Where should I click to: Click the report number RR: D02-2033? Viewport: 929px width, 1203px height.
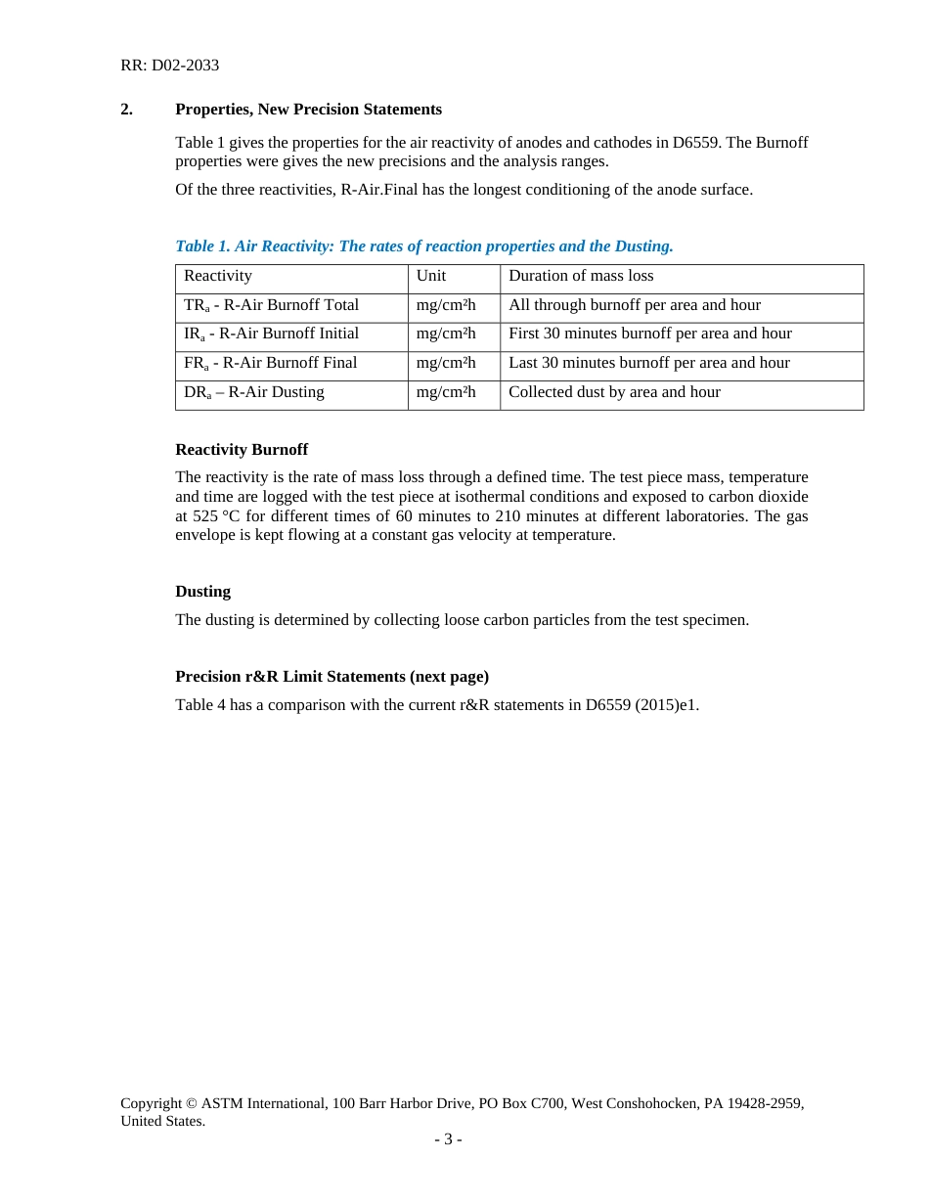click(x=169, y=66)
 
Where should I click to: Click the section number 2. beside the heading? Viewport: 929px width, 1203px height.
click(x=126, y=110)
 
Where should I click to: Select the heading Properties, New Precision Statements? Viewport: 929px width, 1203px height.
click(x=308, y=110)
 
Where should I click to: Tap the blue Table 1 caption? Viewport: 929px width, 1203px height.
click(x=423, y=246)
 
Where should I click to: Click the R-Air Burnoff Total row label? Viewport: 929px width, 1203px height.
click(x=271, y=305)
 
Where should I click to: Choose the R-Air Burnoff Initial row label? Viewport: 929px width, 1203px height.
click(x=271, y=334)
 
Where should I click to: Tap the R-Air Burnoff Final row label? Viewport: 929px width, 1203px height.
click(x=270, y=363)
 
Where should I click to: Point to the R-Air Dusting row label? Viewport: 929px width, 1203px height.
click(x=254, y=392)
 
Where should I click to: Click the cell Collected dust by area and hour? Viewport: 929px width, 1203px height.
click(x=614, y=392)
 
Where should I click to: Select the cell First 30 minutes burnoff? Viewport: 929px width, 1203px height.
click(x=649, y=334)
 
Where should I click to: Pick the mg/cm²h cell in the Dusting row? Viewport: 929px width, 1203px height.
click(x=446, y=392)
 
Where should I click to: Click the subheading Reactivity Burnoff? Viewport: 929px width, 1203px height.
click(x=242, y=450)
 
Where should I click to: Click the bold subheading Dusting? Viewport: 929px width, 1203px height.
click(x=202, y=592)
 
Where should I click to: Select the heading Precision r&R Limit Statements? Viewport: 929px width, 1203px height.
click(x=332, y=677)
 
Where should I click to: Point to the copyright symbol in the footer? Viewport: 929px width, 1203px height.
click(x=192, y=1103)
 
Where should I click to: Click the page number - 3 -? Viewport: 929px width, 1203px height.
click(x=448, y=1139)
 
